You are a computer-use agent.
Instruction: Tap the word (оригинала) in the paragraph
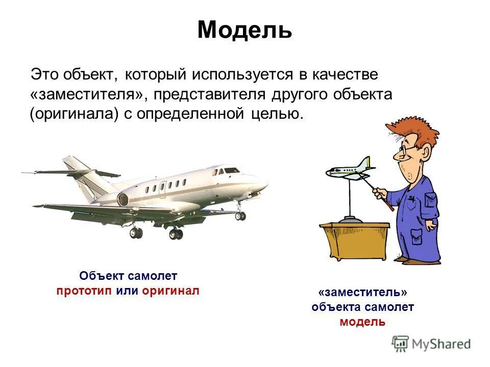coord(73,114)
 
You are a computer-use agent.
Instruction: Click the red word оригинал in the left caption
coord(170,291)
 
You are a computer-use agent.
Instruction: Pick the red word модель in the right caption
coord(362,322)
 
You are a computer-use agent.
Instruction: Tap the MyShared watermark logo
coord(431,344)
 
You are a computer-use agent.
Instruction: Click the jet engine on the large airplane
coord(124,199)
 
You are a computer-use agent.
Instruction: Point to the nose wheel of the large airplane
coord(240,216)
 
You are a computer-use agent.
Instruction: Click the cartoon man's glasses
coord(404,149)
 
